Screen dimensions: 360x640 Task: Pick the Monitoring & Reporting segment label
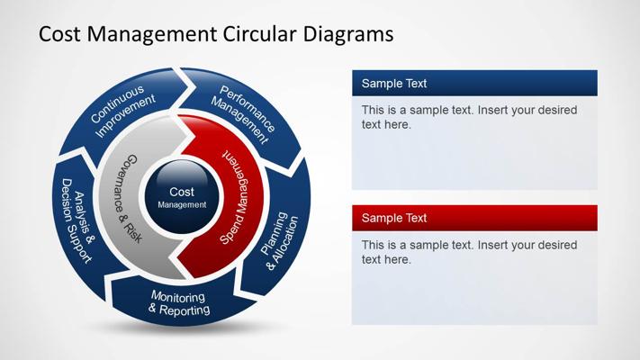[x=178, y=304]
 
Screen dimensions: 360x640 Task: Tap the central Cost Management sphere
[x=181, y=197]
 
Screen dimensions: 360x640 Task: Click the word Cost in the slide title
[x=58, y=35]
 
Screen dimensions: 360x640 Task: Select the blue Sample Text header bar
[x=474, y=84]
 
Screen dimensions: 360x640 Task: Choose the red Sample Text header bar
[x=474, y=218]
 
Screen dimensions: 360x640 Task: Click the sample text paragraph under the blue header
[x=468, y=117]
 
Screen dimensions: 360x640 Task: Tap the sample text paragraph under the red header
[x=468, y=252]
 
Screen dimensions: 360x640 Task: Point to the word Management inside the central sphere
[x=182, y=204]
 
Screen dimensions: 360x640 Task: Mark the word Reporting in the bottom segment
[x=185, y=310]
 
